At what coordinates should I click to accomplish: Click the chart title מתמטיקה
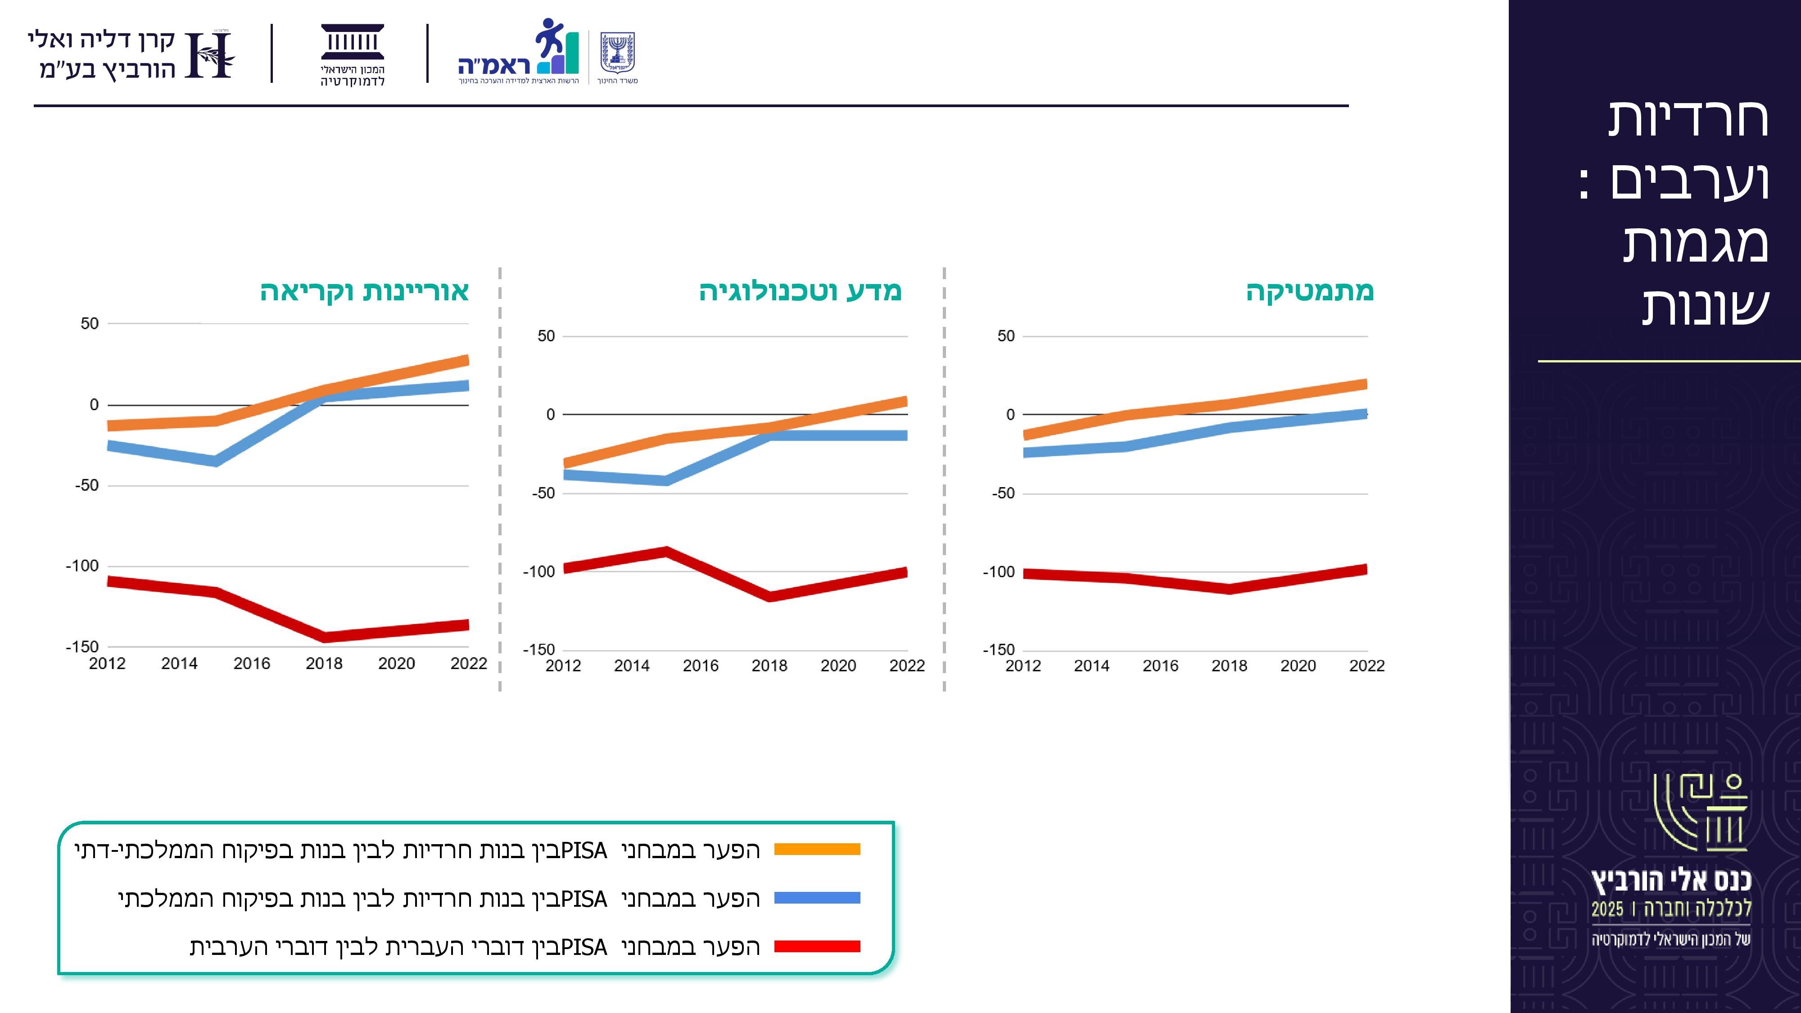pyautogui.click(x=1309, y=291)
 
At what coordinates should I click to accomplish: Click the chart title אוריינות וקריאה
pyautogui.click(x=364, y=291)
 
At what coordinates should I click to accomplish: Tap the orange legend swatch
pyautogui.click(x=817, y=850)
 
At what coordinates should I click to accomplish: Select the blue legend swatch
pyautogui.click(x=817, y=898)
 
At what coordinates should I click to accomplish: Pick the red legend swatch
pyautogui.click(x=817, y=946)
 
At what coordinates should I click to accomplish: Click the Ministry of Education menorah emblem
pyautogui.click(x=617, y=52)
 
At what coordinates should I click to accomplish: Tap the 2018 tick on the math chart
pyautogui.click(x=1229, y=665)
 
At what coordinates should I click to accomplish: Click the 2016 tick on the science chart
pyautogui.click(x=701, y=665)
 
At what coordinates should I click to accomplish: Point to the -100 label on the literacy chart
pyautogui.click(x=82, y=565)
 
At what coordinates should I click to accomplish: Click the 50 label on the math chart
pyautogui.click(x=1005, y=336)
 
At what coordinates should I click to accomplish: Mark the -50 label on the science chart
pyautogui.click(x=543, y=493)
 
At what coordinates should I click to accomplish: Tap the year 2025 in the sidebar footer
pyautogui.click(x=1607, y=909)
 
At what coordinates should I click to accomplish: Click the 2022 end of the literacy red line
pyautogui.click(x=466, y=625)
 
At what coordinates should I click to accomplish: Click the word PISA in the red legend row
pyautogui.click(x=584, y=946)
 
